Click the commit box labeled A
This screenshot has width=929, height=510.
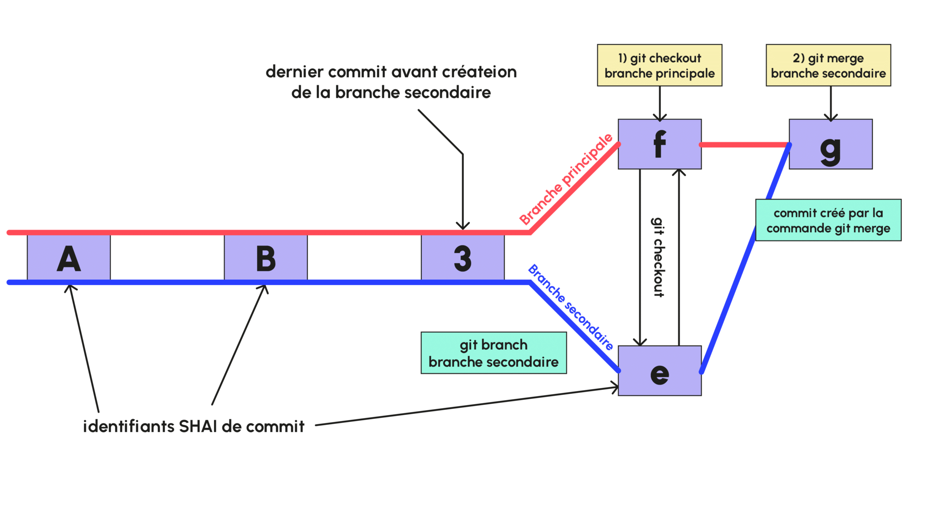click(68, 258)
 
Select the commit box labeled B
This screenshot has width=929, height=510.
click(265, 258)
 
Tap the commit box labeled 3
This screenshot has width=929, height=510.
click(462, 258)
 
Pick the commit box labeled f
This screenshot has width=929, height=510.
click(659, 144)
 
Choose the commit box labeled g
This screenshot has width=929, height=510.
click(830, 144)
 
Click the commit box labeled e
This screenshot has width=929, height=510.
click(659, 371)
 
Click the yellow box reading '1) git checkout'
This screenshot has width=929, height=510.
click(659, 65)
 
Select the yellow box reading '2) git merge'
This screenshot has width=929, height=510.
click(828, 65)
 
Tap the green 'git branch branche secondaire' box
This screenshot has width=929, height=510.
click(493, 353)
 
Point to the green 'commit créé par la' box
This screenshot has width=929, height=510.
click(828, 220)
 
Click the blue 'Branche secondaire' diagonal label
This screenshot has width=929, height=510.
click(570, 307)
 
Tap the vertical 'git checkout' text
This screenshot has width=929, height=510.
click(658, 257)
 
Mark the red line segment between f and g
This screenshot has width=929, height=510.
click(744, 145)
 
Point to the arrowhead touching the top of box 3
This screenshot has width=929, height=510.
click(462, 226)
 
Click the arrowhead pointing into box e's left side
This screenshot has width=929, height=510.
click(615, 387)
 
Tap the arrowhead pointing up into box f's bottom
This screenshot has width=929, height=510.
click(679, 172)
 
